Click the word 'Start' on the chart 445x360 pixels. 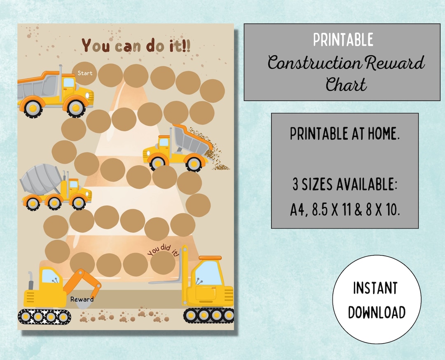[85, 73]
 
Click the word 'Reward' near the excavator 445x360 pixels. [82, 299]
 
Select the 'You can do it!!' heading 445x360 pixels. [136, 45]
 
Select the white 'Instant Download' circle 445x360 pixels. [377, 299]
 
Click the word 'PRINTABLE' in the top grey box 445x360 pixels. [343, 40]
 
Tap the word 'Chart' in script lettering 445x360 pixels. [346, 85]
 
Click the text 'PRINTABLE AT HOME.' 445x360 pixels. [344, 134]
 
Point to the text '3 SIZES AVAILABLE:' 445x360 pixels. [344, 185]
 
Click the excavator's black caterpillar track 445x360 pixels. [44, 317]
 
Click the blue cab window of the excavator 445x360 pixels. [51, 276]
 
